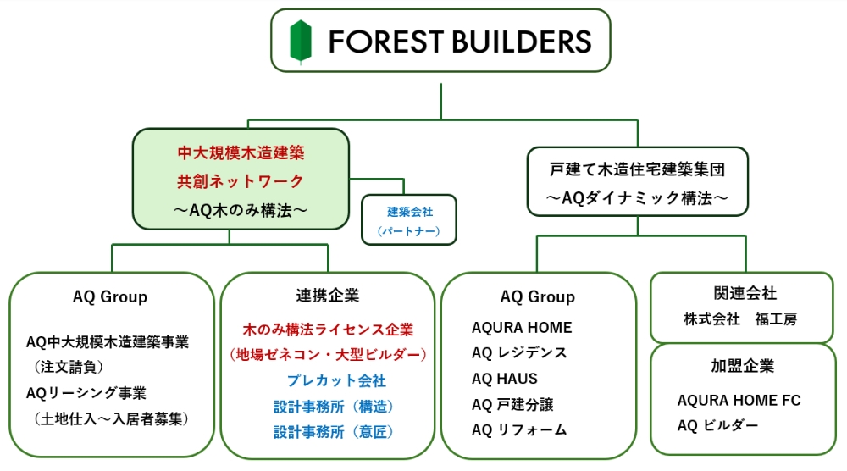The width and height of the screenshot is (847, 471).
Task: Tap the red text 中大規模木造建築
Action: point(241,153)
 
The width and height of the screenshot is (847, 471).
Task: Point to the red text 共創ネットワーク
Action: point(241,181)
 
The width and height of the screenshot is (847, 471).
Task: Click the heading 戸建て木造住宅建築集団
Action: point(637,169)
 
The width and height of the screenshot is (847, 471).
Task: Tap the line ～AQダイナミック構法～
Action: point(637,197)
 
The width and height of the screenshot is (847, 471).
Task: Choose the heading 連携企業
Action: point(327,295)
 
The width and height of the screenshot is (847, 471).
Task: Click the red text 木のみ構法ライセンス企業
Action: point(327,329)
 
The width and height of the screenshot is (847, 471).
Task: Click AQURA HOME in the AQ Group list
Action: point(522,328)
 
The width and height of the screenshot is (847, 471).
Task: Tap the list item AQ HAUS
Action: point(505,379)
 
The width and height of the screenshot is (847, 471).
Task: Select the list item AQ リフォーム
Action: point(519,429)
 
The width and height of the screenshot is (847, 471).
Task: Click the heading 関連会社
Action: point(741,293)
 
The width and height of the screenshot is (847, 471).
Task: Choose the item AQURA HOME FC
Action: point(739,400)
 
